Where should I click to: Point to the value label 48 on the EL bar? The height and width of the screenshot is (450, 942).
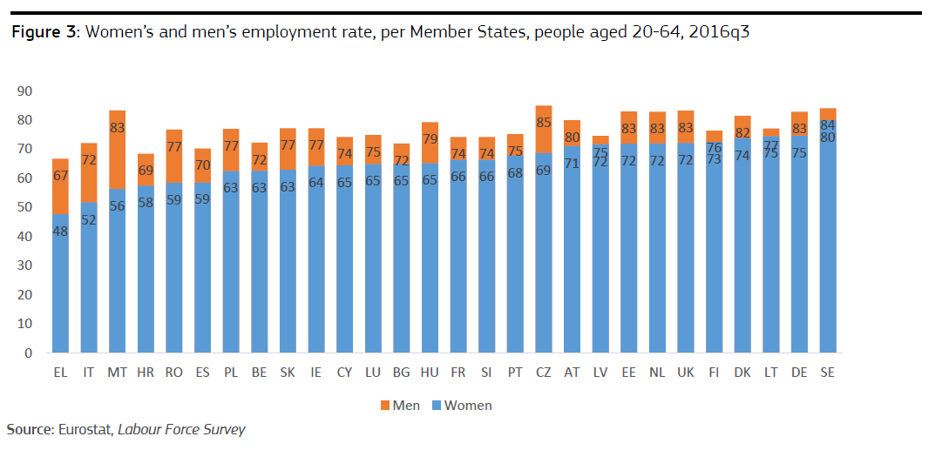[60, 232]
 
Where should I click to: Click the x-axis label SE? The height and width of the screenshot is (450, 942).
[828, 372]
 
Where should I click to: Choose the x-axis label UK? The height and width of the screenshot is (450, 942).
[686, 372]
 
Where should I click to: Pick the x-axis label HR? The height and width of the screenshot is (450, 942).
[146, 372]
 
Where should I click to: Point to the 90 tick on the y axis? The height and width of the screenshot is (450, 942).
[24, 91]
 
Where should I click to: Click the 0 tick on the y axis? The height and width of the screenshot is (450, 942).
[28, 353]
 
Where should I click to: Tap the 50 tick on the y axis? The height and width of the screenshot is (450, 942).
[24, 207]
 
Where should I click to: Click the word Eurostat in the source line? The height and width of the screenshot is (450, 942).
[85, 430]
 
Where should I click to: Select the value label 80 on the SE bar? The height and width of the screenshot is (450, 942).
[828, 138]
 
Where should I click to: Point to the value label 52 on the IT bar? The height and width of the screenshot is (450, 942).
[89, 220]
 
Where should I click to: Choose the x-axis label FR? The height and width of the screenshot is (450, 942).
[458, 372]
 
